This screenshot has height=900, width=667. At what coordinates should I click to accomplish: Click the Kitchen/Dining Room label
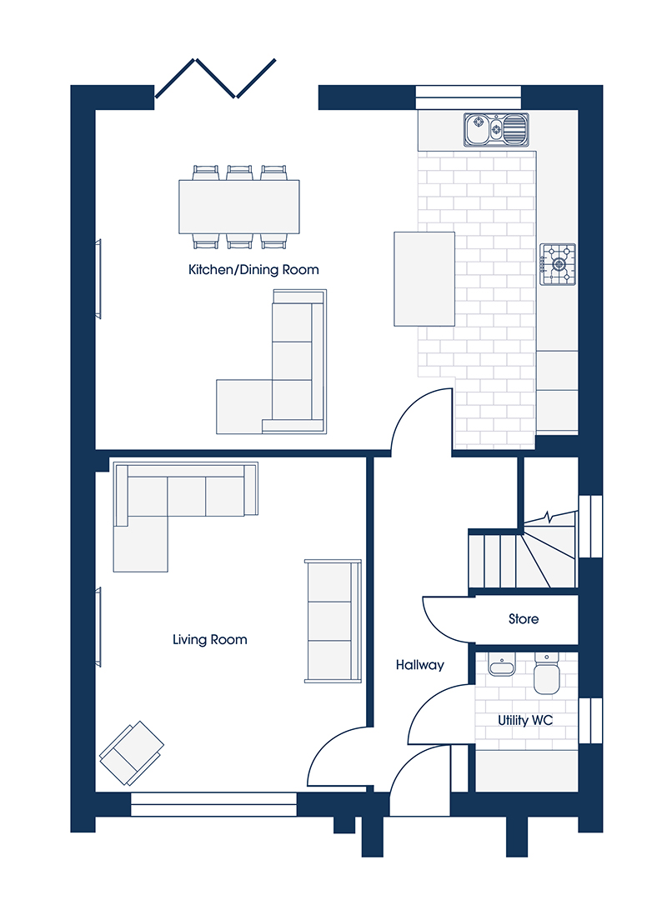pyautogui.click(x=253, y=270)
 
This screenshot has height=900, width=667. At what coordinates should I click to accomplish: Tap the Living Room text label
pyautogui.click(x=210, y=639)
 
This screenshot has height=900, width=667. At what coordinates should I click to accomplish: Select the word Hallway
pyautogui.click(x=420, y=665)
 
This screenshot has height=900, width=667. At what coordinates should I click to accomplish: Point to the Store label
pyautogui.click(x=524, y=618)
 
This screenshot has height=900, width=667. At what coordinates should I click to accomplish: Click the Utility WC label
pyautogui.click(x=525, y=720)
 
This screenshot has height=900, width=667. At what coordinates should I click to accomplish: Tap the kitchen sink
pyautogui.click(x=496, y=129)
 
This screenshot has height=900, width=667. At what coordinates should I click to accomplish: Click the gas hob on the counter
pyautogui.click(x=557, y=264)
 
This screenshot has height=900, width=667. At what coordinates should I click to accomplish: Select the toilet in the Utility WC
pyautogui.click(x=546, y=673)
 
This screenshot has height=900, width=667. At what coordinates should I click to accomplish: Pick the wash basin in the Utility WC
pyautogui.click(x=502, y=666)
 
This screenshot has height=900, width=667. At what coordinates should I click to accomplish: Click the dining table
pyautogui.click(x=239, y=207)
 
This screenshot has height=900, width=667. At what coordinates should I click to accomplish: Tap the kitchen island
pyautogui.click(x=424, y=279)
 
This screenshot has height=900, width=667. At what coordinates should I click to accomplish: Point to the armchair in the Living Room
pyautogui.click(x=132, y=753)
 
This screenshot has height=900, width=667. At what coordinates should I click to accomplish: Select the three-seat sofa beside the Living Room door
pyautogui.click(x=333, y=621)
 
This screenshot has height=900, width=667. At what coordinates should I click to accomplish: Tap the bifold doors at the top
pyautogui.click(x=215, y=78)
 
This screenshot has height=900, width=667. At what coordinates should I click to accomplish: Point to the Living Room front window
pyautogui.click(x=213, y=805)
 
